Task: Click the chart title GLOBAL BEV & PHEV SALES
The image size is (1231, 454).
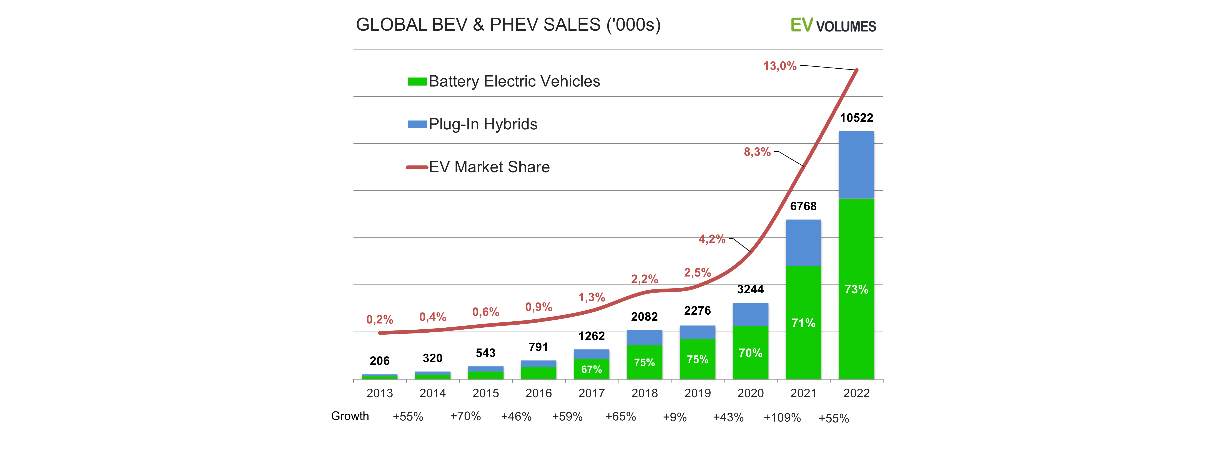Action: coord(508,25)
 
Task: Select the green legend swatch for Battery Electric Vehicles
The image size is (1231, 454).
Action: coord(417,82)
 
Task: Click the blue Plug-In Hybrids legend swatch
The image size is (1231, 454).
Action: coord(417,125)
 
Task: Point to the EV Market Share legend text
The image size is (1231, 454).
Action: coord(489,167)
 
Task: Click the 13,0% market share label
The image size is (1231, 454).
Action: coord(780,66)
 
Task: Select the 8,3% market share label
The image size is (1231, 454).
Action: coord(758,152)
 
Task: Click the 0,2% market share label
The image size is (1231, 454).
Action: coord(379,319)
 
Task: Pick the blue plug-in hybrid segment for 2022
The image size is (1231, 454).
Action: coord(856,165)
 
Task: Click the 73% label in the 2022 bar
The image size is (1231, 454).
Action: coord(856,289)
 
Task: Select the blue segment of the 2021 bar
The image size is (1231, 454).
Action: coord(803,243)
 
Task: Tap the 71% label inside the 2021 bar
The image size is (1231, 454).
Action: coord(803,323)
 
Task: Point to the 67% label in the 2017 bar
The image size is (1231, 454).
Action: coord(592,370)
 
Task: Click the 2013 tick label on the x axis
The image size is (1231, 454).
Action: coord(379,393)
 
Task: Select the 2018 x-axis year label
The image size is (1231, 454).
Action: coord(645,393)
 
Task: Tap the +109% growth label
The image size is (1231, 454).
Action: coord(782,418)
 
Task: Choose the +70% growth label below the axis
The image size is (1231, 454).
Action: coord(465,416)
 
